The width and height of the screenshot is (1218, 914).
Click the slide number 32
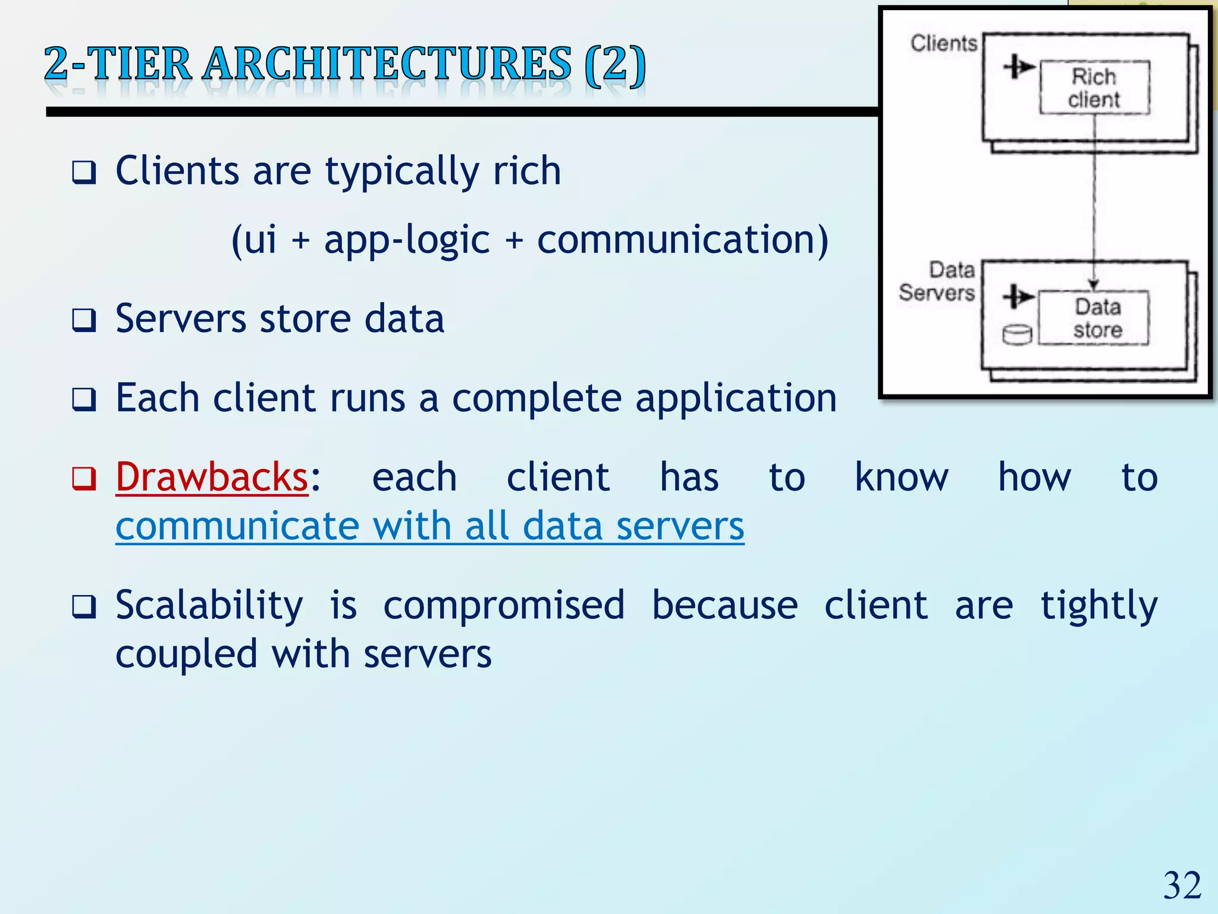tap(1182, 885)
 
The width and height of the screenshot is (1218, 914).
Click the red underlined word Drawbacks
tap(212, 477)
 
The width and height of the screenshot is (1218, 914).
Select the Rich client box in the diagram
tap(1094, 87)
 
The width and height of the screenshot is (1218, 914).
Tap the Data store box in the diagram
tap(1094, 318)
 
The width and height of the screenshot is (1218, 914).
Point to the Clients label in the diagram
tap(944, 43)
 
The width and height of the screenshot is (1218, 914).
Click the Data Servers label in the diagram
tap(938, 281)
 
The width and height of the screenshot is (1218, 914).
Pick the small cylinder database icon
tap(1017, 334)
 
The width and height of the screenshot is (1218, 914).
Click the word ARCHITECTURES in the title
tap(387, 64)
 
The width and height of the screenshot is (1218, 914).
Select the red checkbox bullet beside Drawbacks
tap(84, 478)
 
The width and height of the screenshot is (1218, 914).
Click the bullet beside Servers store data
tap(84, 320)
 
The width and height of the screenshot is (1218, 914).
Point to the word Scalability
tap(209, 606)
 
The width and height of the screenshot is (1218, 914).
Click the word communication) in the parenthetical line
tap(682, 240)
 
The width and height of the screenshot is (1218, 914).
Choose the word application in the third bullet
tap(736, 399)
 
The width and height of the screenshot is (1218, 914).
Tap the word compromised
tap(504, 606)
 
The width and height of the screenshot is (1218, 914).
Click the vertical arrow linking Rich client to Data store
tap(1094, 196)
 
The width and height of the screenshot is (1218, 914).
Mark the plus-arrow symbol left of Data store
tap(1018, 296)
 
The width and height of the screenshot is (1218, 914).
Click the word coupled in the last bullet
tap(186, 655)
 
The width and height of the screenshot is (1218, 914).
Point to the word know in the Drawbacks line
tap(901, 477)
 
